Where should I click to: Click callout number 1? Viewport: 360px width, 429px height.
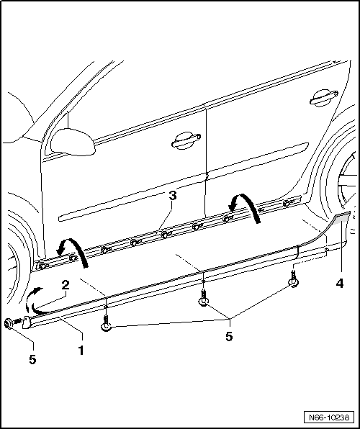81,352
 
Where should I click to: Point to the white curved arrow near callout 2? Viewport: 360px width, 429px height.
34,297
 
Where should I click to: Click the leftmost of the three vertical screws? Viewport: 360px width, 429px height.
107,324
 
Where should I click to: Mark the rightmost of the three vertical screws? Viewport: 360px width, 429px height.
294,281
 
